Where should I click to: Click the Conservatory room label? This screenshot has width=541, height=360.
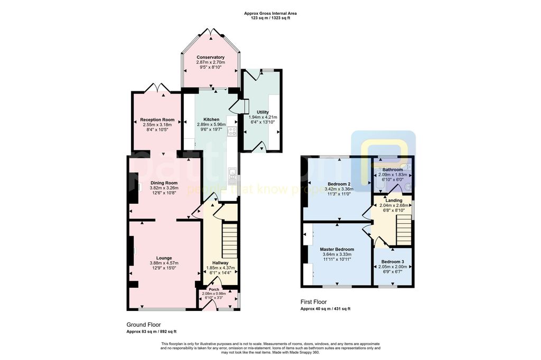pyautogui.click(x=210, y=57)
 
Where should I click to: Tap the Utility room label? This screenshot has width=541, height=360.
pyautogui.click(x=263, y=112)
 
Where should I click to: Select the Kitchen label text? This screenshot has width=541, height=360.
pyautogui.click(x=208, y=119)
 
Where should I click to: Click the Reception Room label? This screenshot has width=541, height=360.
pyautogui.click(x=157, y=120)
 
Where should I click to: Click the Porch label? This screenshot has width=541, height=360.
pyautogui.click(x=214, y=289)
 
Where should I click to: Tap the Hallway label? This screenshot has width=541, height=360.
pyautogui.click(x=220, y=262)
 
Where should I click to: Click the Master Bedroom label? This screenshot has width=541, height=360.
pyautogui.click(x=337, y=249)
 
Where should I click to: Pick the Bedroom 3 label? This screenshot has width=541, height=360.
pyautogui.click(x=393, y=262)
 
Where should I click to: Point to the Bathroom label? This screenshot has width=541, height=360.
pyautogui.click(x=393, y=169)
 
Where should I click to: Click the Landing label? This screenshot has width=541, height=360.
pyautogui.click(x=393, y=201)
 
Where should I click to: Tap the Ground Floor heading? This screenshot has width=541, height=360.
pyautogui.click(x=143, y=325)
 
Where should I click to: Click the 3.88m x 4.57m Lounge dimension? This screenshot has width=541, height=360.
pyautogui.click(x=163, y=263)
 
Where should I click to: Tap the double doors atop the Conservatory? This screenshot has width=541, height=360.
pyautogui.click(x=210, y=32)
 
